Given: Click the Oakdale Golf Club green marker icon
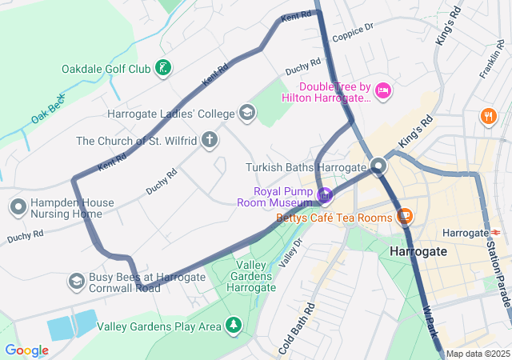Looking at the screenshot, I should click(163, 69).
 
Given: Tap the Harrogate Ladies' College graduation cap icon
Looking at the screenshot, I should click(247, 113).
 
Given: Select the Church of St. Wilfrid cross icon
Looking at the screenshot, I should click(210, 141).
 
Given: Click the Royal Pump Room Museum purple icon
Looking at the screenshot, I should click(325, 195).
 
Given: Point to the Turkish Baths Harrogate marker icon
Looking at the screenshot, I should click(378, 166).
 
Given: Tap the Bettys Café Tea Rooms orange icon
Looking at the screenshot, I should click(405, 217).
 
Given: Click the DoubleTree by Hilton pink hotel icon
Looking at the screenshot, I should click(383, 90).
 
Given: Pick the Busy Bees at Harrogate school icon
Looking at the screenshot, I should click(76, 281).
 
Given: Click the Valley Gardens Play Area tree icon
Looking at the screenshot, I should click(233, 326).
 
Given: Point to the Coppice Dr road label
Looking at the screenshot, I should click(353, 30).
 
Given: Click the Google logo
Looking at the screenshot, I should click(26, 350).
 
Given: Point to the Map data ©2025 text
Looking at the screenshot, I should click(477, 354).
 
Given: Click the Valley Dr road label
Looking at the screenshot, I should click(293, 253).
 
